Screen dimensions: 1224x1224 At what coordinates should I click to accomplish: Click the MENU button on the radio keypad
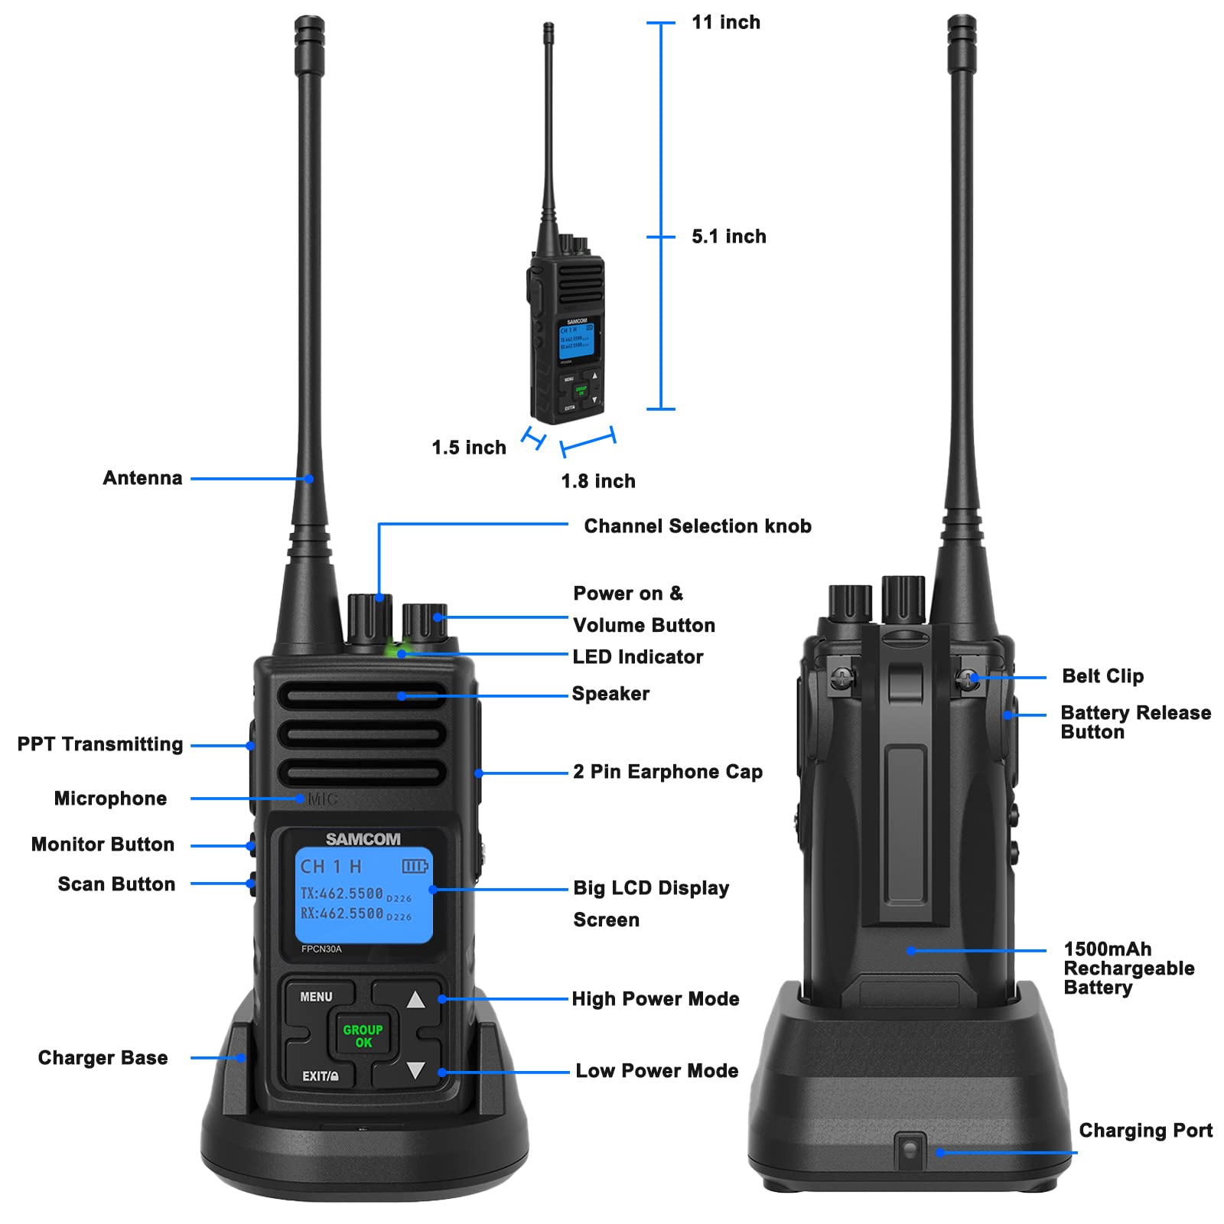click(x=316, y=997)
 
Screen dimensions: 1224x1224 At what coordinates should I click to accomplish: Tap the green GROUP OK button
click(x=363, y=1036)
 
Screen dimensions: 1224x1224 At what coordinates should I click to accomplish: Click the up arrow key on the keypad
click(x=415, y=999)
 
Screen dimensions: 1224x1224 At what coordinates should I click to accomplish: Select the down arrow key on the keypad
click(x=415, y=1069)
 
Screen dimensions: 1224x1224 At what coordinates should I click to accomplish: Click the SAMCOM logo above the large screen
click(x=363, y=839)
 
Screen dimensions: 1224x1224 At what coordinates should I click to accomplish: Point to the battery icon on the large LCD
click(x=415, y=866)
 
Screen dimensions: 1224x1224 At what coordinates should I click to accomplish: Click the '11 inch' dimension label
click(x=725, y=23)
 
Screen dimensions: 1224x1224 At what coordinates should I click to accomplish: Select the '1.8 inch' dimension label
click(x=598, y=481)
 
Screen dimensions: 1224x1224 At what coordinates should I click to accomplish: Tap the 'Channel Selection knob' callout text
click(x=697, y=526)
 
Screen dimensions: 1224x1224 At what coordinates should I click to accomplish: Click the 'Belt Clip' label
click(x=1102, y=676)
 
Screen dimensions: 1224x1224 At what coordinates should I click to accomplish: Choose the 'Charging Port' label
click(x=1145, y=1131)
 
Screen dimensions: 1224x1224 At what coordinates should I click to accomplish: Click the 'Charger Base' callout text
click(x=103, y=1058)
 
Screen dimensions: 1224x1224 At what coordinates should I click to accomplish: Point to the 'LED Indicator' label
click(x=638, y=657)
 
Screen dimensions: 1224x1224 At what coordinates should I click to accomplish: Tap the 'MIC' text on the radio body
click(x=322, y=799)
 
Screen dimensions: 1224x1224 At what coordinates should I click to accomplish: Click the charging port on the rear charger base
click(x=910, y=1149)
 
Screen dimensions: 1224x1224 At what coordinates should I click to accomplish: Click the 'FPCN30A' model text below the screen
click(x=321, y=949)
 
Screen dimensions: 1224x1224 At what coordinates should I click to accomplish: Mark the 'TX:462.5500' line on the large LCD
click(x=342, y=894)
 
